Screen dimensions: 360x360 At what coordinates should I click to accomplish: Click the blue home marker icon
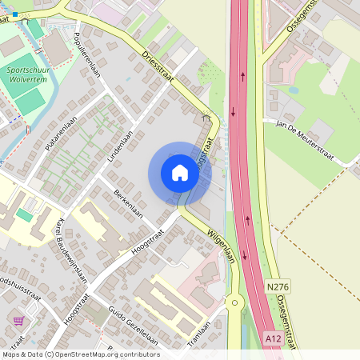[179, 173]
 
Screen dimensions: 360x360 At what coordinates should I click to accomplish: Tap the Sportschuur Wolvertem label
[28, 75]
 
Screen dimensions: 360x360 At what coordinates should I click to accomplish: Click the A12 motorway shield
[273, 339]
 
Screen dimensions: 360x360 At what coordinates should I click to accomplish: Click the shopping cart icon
[18, 321]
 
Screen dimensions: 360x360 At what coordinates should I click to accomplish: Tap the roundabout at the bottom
[234, 302]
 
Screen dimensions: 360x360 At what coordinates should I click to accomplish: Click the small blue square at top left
[14, 14]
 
